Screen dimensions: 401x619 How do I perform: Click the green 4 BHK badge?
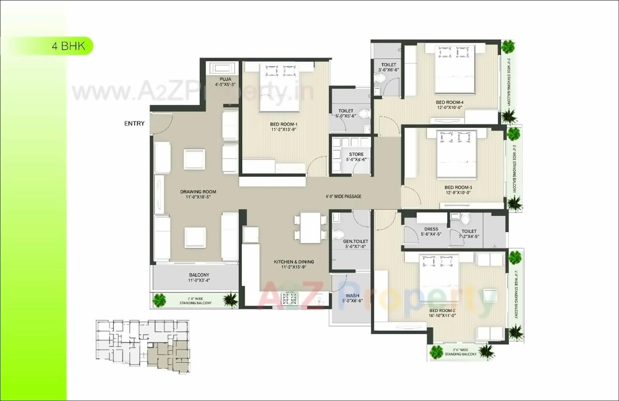tap(68, 46)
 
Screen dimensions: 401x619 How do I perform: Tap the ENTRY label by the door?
tap(134, 123)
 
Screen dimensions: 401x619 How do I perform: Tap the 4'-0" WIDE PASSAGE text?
tap(343, 197)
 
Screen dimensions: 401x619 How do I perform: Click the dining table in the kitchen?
tap(309, 228)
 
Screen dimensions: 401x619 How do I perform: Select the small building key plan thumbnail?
tap(143, 346)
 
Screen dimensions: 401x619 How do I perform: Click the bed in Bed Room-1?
tap(280, 87)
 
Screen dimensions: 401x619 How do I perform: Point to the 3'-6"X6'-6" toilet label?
tap(388, 67)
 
